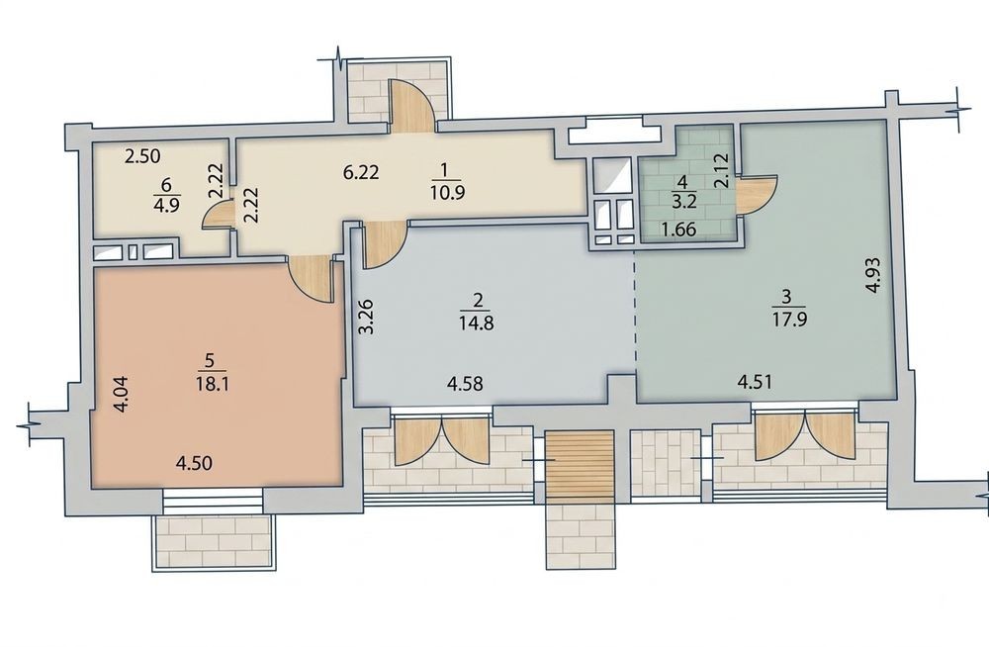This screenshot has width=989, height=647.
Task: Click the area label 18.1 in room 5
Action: tap(212, 384)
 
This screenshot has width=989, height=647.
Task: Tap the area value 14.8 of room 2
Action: tap(477, 323)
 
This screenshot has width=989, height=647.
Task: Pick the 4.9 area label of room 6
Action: tap(166, 207)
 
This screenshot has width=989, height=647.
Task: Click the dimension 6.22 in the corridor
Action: tap(361, 172)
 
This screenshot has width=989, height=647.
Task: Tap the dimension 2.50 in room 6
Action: tap(141, 155)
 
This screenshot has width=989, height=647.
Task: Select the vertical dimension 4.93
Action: tap(873, 275)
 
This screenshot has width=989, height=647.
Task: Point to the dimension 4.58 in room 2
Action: tap(466, 383)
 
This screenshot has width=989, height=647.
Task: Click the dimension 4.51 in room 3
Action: tap(755, 382)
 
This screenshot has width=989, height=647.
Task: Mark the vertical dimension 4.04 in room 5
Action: tap(122, 394)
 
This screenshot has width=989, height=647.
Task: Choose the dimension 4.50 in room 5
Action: tap(194, 463)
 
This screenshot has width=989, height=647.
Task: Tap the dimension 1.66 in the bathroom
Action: tap(678, 229)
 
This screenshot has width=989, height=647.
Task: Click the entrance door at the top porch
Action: tap(408, 106)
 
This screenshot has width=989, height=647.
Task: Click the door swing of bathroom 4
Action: tap(756, 197)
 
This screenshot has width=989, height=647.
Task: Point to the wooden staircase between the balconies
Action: tap(580, 467)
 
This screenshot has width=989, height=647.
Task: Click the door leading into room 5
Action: tap(311, 279)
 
